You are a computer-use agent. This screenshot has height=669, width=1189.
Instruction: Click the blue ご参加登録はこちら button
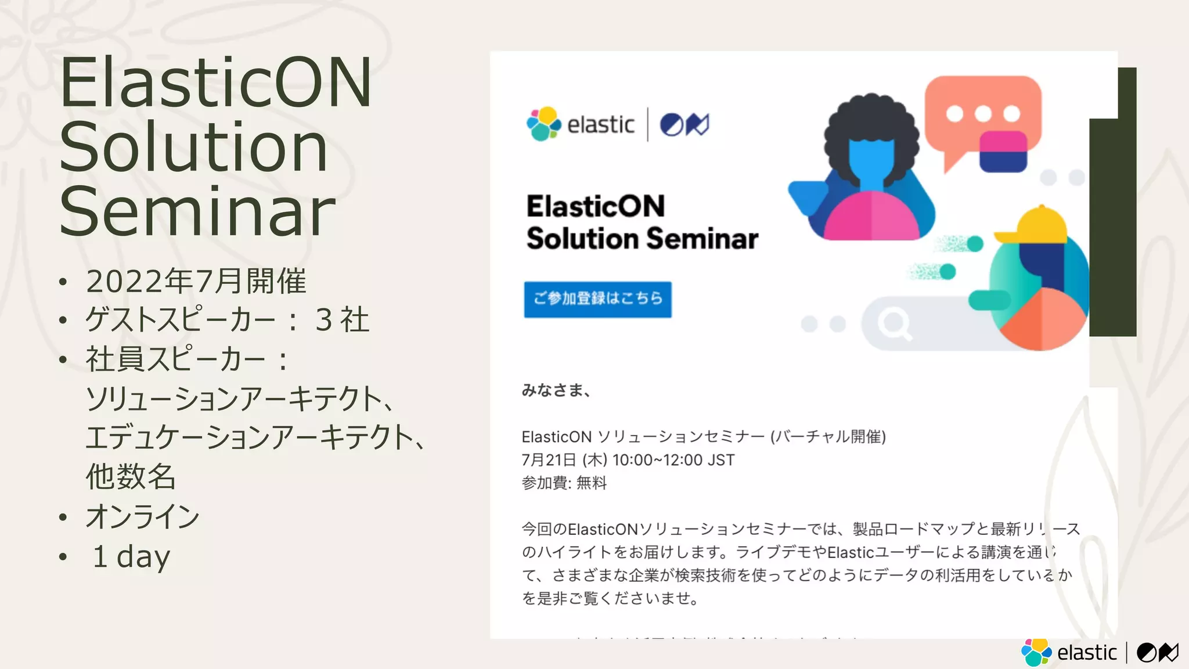click(x=597, y=299)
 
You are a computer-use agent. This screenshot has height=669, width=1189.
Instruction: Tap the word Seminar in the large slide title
click(x=197, y=212)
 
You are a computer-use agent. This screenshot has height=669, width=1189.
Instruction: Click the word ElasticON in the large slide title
click(x=215, y=83)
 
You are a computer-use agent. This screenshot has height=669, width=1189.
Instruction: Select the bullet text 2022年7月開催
click(x=196, y=282)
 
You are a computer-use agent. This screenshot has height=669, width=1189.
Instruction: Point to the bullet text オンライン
click(x=142, y=517)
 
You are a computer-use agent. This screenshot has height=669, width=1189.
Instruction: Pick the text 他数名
click(x=131, y=477)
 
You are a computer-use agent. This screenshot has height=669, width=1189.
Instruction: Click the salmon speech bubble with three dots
click(x=981, y=110)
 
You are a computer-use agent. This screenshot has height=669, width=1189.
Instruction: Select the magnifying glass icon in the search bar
click(x=894, y=323)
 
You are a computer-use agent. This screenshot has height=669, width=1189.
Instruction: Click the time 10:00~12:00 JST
click(x=673, y=461)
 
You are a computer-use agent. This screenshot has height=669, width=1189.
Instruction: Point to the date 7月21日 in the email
click(x=549, y=461)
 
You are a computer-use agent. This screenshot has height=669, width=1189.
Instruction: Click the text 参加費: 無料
click(x=564, y=483)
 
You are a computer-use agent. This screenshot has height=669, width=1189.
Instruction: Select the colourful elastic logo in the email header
click(x=543, y=124)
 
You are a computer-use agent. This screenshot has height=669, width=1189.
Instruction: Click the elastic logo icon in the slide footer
click(x=1036, y=652)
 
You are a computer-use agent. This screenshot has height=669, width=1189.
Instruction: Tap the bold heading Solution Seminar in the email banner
click(x=642, y=239)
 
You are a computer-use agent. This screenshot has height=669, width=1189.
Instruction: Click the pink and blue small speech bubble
click(x=1003, y=152)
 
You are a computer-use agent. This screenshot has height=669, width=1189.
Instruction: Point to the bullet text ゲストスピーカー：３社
click(x=227, y=320)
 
